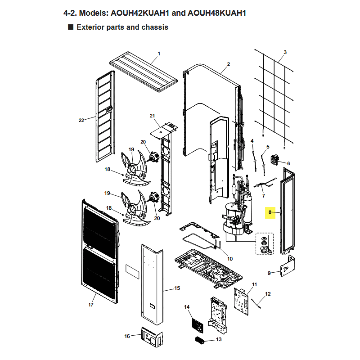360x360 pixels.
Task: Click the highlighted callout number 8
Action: [x=270, y=212]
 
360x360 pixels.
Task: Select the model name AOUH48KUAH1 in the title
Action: [x=217, y=13]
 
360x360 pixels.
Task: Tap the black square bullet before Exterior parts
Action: [x=71, y=27]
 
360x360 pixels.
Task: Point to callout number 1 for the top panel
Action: [x=159, y=54]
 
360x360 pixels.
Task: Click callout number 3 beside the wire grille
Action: [x=285, y=52]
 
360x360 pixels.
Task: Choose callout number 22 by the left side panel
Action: [x=81, y=120]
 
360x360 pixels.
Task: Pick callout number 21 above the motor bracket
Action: [x=152, y=116]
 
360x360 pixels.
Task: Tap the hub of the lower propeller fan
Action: [x=133, y=210]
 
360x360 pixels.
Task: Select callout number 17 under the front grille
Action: [x=91, y=305]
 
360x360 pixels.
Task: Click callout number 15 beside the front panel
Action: [x=177, y=288]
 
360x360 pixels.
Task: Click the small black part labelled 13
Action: [x=199, y=340]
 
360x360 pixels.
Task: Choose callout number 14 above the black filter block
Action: [x=187, y=307]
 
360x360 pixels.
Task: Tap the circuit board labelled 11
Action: [x=241, y=301]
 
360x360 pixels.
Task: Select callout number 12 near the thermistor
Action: [x=268, y=294]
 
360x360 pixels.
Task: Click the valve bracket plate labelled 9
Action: [x=288, y=266]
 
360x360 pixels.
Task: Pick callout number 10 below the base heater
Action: [x=230, y=259]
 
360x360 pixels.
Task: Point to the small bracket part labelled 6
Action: [x=274, y=160]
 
